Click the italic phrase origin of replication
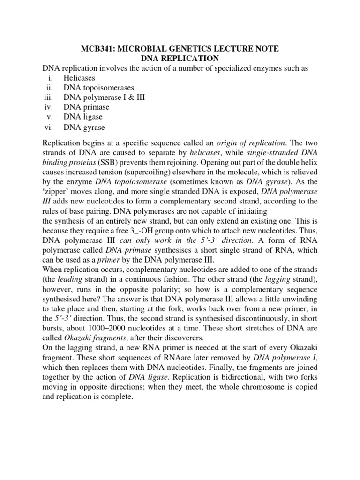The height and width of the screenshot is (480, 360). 248,142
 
